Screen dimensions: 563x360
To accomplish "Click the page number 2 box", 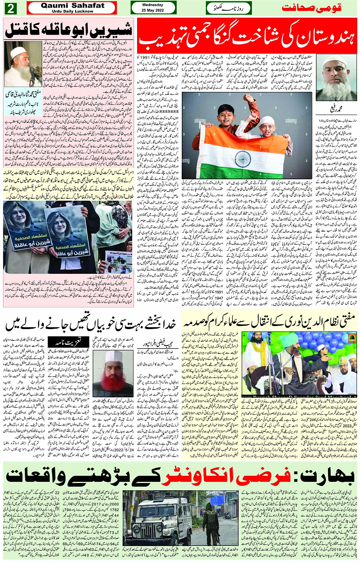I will (10, 8).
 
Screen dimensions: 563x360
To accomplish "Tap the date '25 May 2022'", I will (152, 10).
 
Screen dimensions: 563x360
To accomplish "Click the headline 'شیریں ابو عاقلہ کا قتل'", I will (69, 30).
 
